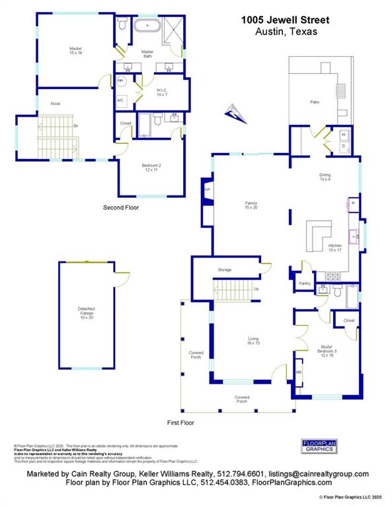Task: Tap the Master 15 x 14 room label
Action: coord(76,51)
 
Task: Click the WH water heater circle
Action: coord(121,81)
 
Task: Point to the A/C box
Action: coord(121,100)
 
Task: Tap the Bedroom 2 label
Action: coord(151,168)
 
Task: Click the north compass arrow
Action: coord(235,114)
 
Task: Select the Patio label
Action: coord(315,102)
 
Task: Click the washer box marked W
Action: coord(343,135)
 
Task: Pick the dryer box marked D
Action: coord(343,146)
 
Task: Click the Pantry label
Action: coord(304,283)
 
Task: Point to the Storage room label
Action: coord(224,270)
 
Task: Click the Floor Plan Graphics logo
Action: coord(320,446)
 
